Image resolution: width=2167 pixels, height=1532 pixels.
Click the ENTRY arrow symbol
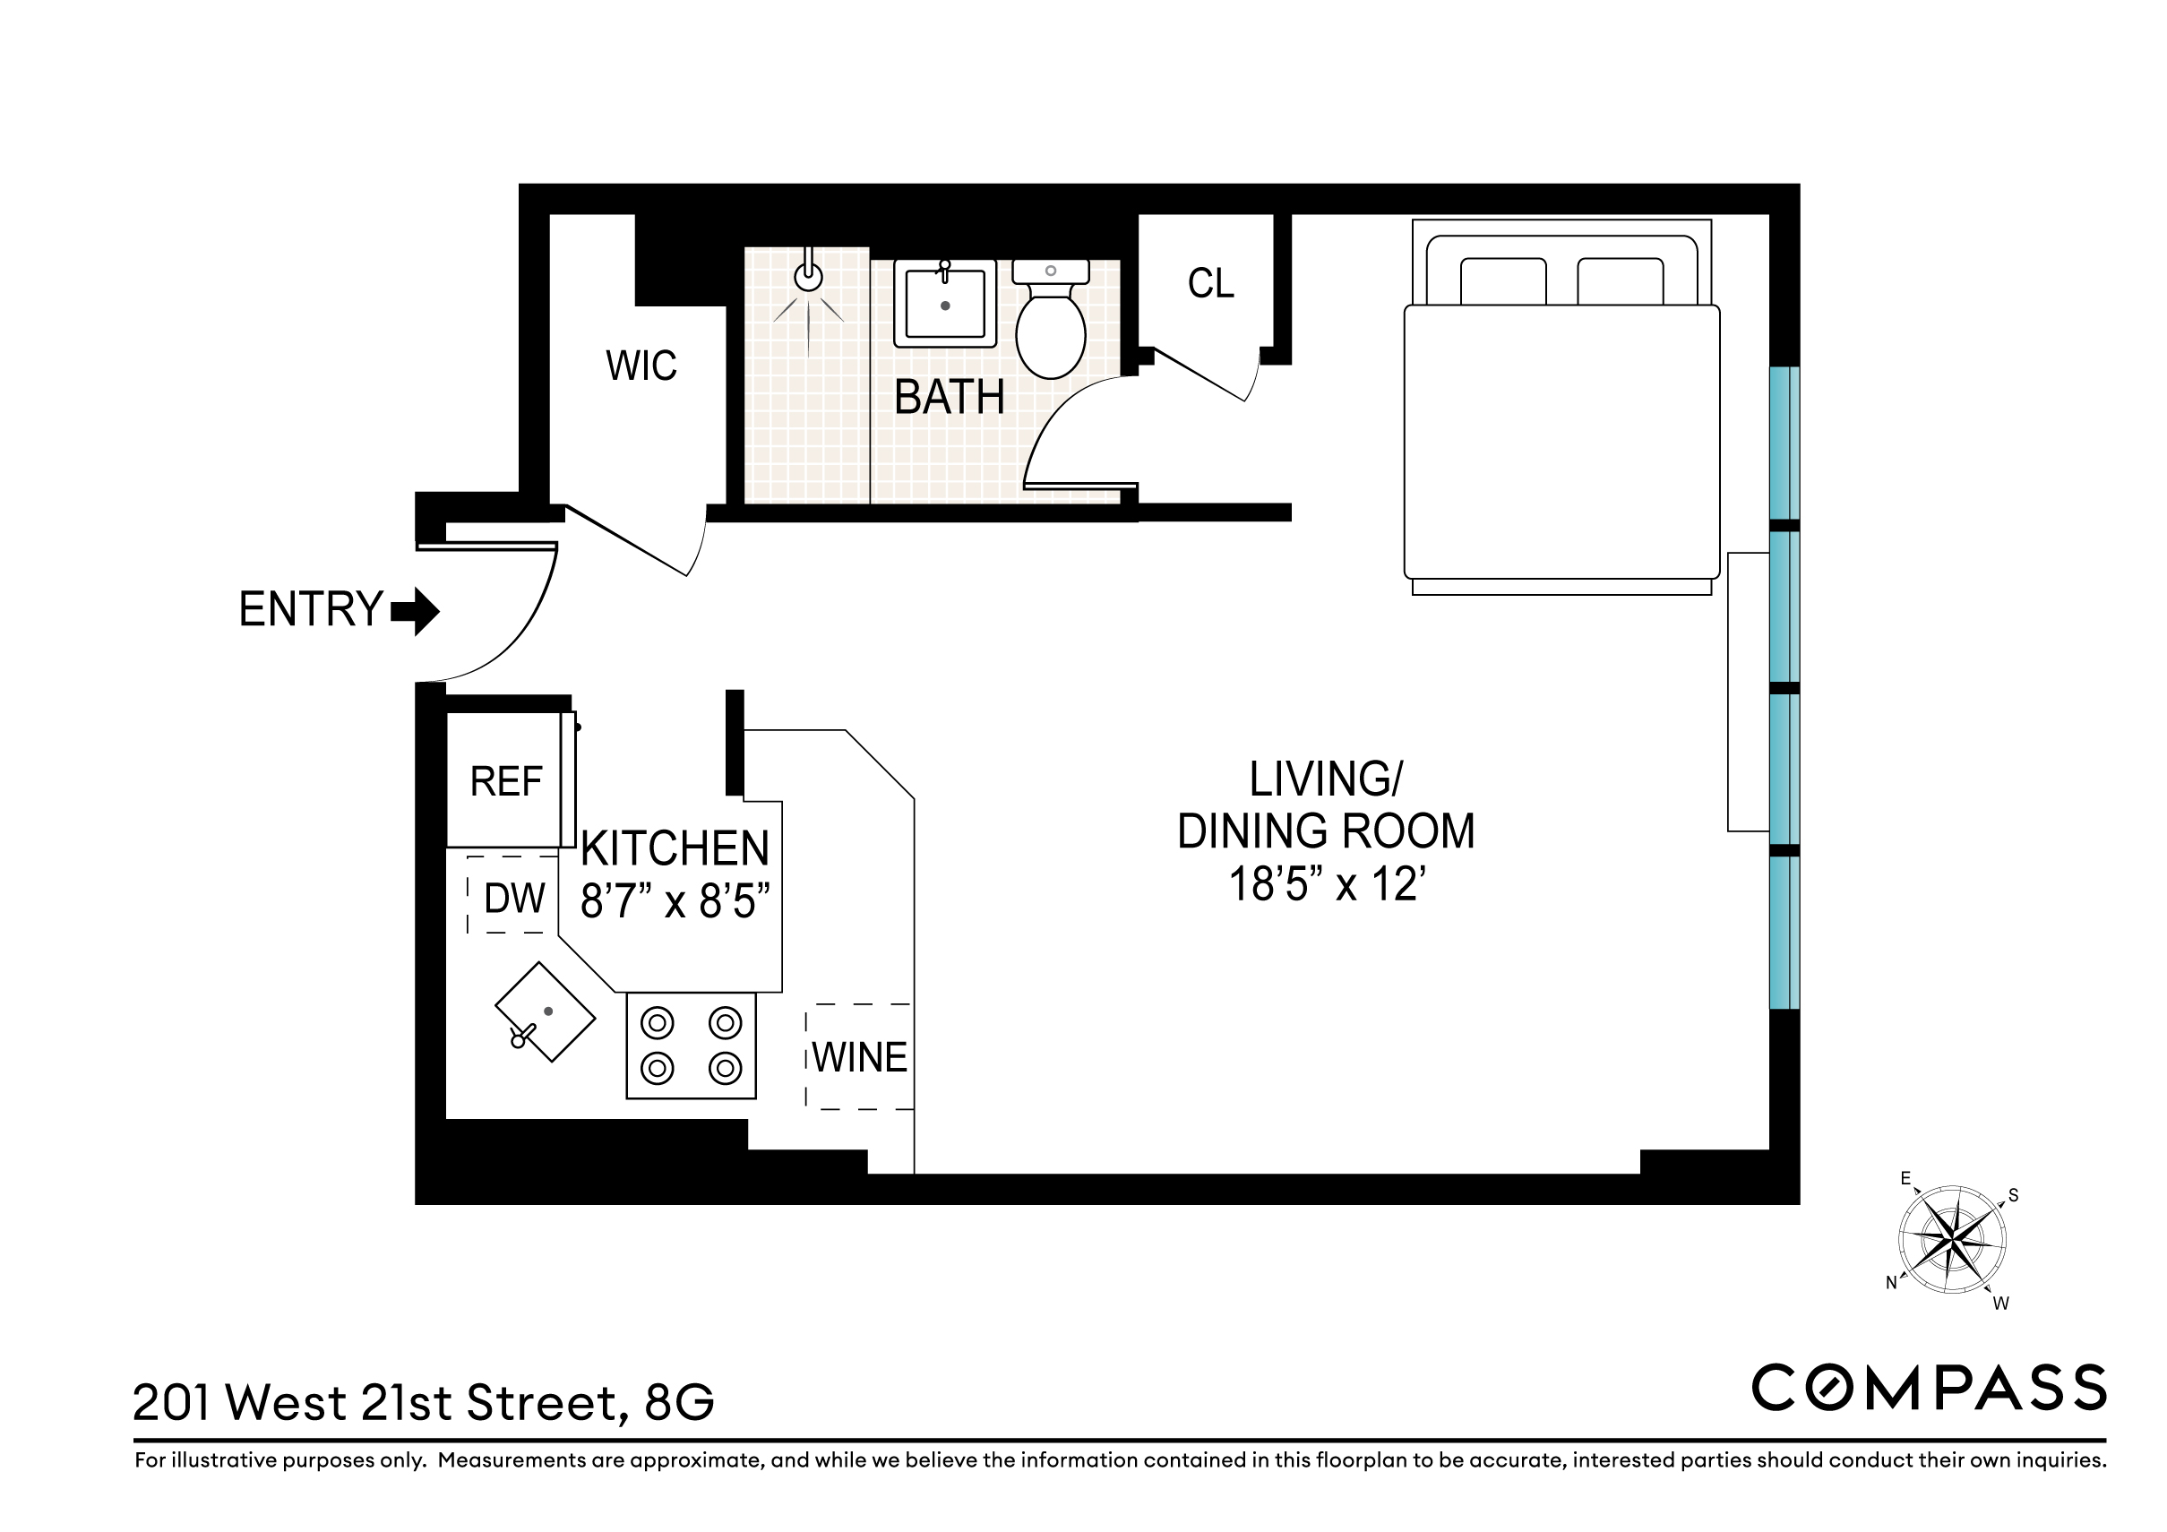point(417,612)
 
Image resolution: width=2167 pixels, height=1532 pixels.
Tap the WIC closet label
point(641,366)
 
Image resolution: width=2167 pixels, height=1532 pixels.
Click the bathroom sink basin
point(945,304)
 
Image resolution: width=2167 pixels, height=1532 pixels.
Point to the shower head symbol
point(808,276)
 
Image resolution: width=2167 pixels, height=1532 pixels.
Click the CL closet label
point(1210,283)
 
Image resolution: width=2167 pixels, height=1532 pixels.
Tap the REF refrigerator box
point(507,781)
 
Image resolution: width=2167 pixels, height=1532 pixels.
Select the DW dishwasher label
point(514,899)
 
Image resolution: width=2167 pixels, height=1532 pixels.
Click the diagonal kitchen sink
point(546,1011)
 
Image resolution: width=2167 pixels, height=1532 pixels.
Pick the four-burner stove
point(691,1046)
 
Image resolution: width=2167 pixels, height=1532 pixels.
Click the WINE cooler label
point(860,1057)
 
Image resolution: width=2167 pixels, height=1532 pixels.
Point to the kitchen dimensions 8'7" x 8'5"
point(675,901)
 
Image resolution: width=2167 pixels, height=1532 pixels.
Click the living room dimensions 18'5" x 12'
point(1325,884)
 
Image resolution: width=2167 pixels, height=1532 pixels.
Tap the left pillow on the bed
point(1502,281)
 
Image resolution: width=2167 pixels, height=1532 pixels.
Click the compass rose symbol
point(1952,1239)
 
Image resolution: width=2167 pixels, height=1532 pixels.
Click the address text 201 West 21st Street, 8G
point(424,1403)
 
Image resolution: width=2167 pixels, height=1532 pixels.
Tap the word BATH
point(949,398)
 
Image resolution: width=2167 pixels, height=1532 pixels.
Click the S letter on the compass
point(2013,1196)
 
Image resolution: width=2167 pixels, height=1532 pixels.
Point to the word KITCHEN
point(675,848)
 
